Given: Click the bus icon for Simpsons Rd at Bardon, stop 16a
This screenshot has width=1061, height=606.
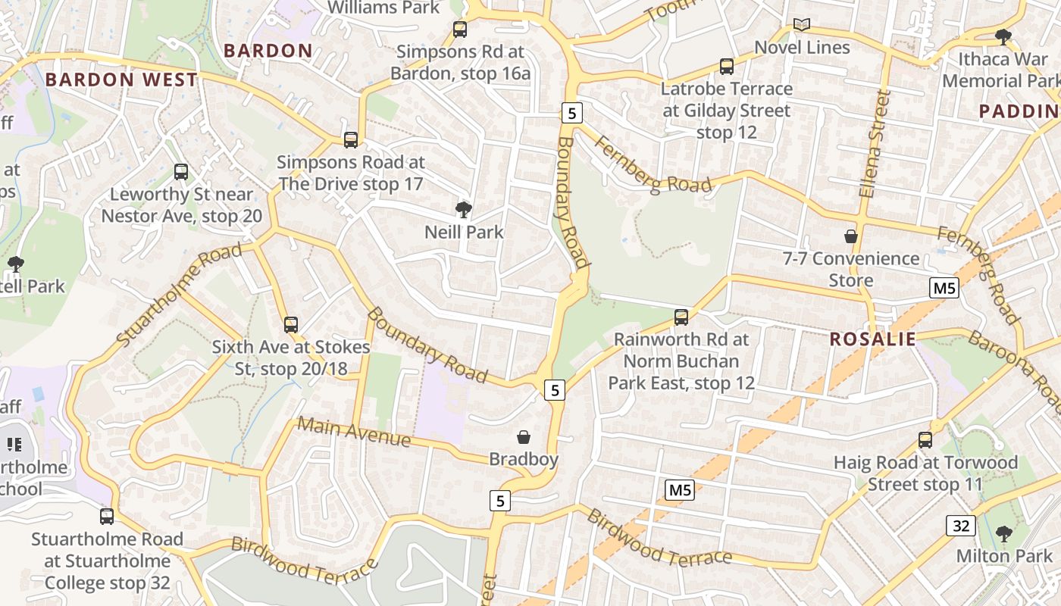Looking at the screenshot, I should pos(459,30).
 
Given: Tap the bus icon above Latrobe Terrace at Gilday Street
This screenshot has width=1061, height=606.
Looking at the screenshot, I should pos(726,67).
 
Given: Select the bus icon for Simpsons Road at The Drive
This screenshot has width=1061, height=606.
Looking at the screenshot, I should pos(350,139).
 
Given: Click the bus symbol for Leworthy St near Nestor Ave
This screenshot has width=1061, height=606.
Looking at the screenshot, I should pos(180,172).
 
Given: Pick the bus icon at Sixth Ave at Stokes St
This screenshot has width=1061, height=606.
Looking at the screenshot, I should pos(290,325).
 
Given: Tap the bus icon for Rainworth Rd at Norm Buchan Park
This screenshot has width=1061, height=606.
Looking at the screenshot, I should pos(681,317).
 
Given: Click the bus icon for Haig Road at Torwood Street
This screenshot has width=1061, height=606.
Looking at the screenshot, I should pos(925,440).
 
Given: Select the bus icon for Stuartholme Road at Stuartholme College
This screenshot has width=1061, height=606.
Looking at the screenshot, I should pos(107,517).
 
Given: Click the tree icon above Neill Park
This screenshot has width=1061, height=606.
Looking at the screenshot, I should pos(463,209).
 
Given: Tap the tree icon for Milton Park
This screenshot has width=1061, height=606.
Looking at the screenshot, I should pos(1004,533).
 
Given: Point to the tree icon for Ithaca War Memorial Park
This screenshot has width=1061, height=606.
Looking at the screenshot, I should pos(1003,36).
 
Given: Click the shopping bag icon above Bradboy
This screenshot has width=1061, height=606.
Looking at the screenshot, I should pos(523,437).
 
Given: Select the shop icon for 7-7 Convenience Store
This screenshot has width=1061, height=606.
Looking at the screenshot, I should pos(850,236).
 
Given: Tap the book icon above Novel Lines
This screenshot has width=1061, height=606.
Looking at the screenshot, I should pos(801,25).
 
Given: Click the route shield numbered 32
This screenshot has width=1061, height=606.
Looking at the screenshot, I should pos(959,524).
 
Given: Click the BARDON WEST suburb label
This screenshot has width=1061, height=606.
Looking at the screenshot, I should pos(121,80).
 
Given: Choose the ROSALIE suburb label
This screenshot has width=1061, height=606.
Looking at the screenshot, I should pos(872,339).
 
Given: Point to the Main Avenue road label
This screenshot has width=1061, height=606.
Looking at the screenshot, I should pos(353,432).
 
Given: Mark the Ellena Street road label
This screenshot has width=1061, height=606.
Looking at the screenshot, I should pos(873,144).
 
